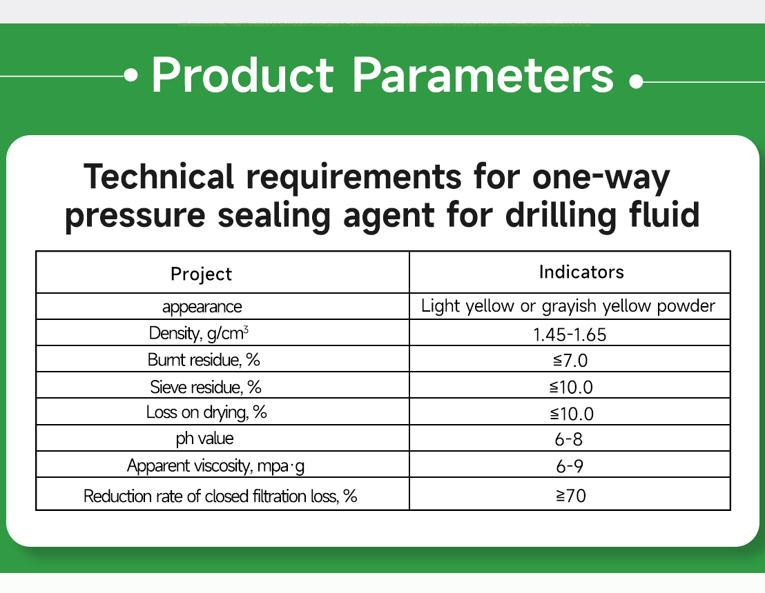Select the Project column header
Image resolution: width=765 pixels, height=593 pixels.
(x=202, y=274)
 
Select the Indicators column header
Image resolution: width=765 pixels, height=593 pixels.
(x=581, y=272)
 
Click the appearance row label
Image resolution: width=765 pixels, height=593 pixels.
(x=202, y=306)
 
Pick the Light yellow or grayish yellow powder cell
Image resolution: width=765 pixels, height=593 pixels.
(x=568, y=306)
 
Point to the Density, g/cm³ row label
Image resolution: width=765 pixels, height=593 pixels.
(x=199, y=334)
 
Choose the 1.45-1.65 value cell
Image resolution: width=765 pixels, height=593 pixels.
(x=570, y=334)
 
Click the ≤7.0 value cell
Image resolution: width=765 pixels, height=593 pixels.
(x=570, y=360)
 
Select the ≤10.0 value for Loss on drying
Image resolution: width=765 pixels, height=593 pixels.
(x=570, y=413)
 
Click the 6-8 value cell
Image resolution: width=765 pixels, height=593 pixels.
(x=570, y=439)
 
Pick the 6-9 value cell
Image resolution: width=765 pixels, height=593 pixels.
(x=570, y=466)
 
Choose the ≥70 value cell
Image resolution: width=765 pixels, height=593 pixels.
(x=570, y=494)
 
